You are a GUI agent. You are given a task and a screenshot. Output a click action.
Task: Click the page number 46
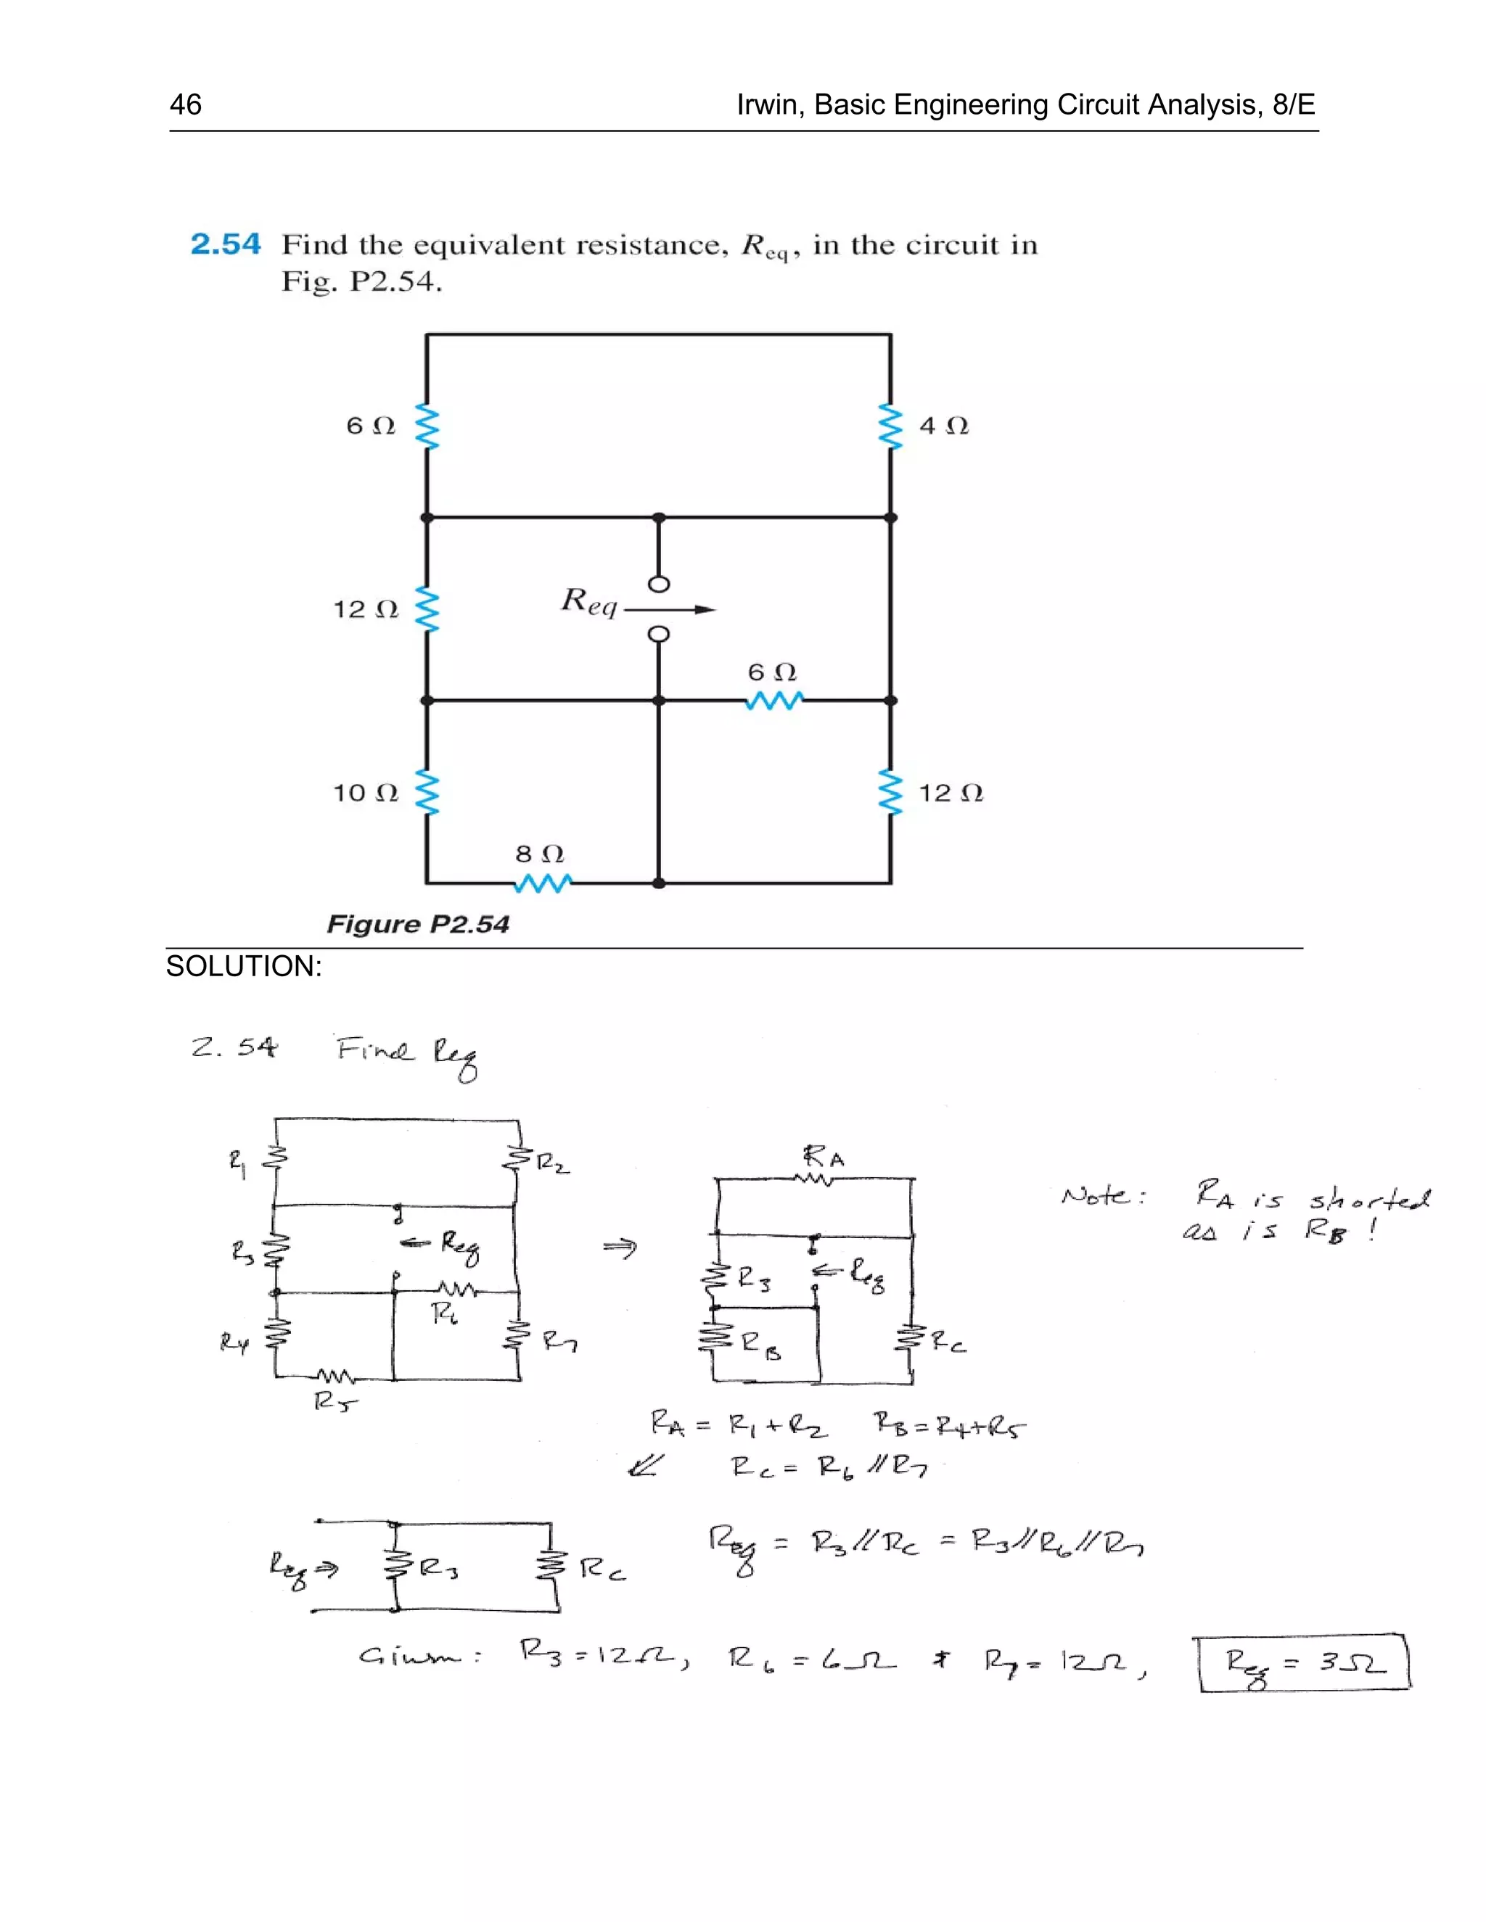pos(186,104)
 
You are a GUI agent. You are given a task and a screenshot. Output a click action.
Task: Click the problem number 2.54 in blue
pos(226,244)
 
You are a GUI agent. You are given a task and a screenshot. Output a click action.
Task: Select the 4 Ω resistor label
pos(944,426)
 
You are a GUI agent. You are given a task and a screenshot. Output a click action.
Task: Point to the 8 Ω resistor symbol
pos(542,882)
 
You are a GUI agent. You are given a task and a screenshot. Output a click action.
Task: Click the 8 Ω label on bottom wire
pos(539,854)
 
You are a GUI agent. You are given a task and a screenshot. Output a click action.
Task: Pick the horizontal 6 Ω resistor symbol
pos(773,701)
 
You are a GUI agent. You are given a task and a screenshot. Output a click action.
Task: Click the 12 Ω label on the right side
pos(951,793)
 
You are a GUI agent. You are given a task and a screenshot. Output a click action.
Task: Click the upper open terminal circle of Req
pos(659,583)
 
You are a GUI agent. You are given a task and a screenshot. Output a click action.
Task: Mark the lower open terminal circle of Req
pos(659,634)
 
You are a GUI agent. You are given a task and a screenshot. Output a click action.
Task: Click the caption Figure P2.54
pos(418,924)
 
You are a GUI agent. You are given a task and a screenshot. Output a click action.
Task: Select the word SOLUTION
pos(243,966)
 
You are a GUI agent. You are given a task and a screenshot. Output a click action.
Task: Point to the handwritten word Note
pos(1103,1195)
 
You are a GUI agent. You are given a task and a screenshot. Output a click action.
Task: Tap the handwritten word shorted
pos(1370,1199)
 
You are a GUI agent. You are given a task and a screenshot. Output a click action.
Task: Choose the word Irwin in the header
pos(768,104)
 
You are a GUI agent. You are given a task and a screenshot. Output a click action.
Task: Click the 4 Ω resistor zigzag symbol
pos(891,426)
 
